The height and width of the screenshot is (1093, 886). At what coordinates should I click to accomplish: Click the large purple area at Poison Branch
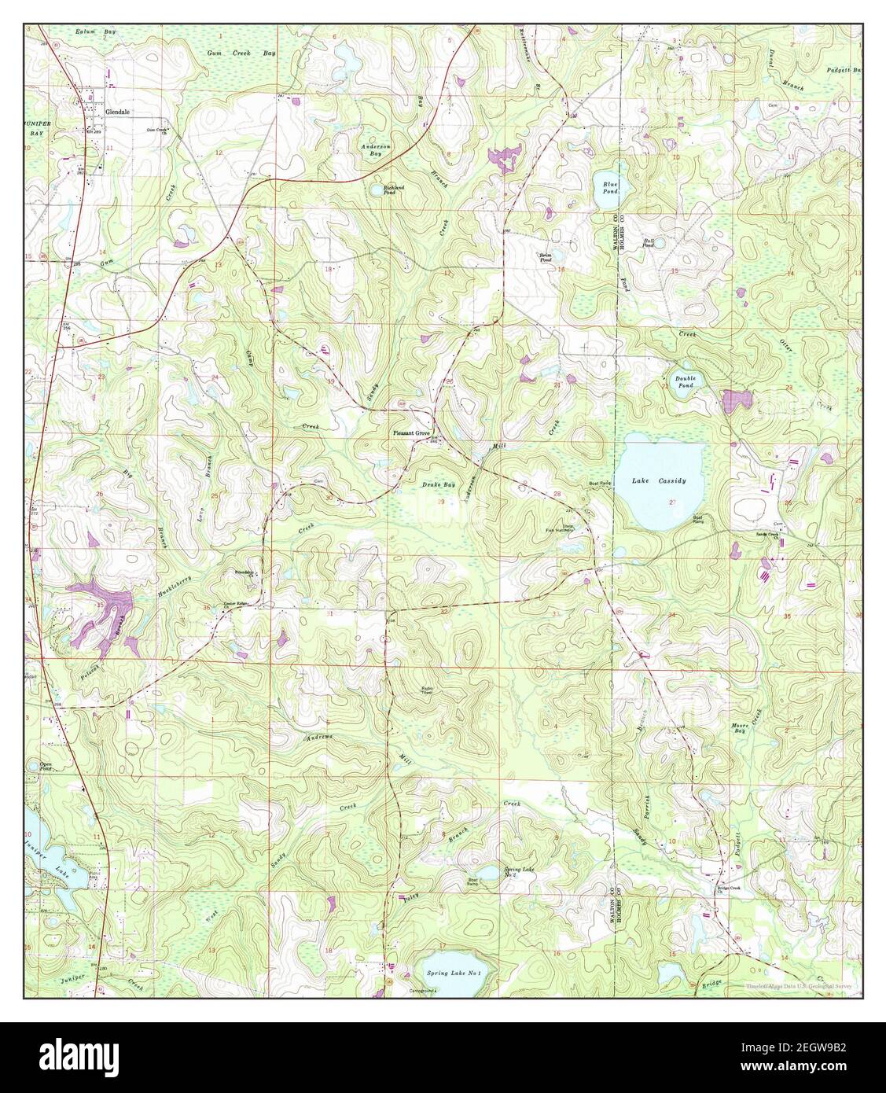coord(102,602)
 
